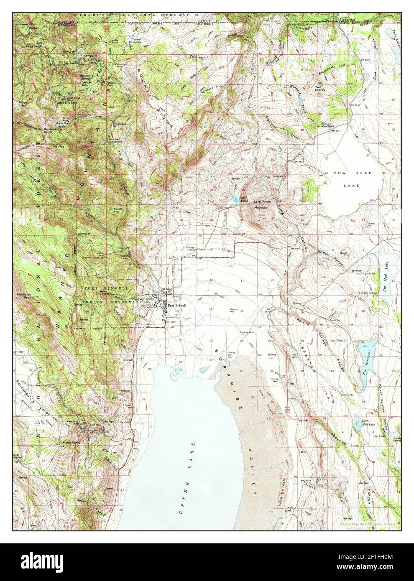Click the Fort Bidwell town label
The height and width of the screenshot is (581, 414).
177,305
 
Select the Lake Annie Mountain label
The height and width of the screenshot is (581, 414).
262,204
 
